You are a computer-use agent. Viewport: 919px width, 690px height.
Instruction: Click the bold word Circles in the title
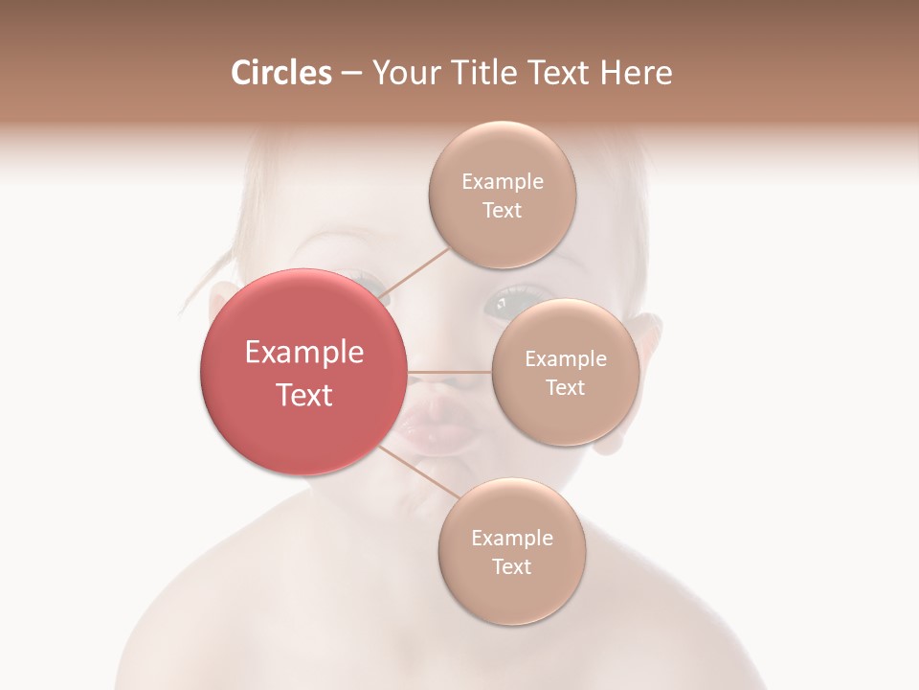[x=280, y=73]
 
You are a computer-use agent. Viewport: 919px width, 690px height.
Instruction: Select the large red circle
[x=303, y=372]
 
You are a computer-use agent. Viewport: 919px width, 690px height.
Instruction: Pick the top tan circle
[x=502, y=195]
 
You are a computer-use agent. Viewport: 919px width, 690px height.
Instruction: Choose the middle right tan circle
[x=565, y=372]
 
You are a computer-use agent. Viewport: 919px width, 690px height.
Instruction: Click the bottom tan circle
[x=511, y=551]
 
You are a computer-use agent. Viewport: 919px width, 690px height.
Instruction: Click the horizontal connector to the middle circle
[x=449, y=372]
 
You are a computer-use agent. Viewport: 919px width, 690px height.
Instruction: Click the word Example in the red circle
[x=304, y=353]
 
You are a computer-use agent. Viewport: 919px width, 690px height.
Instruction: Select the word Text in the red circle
[x=304, y=395]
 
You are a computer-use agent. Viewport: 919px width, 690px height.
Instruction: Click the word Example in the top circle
[x=502, y=181]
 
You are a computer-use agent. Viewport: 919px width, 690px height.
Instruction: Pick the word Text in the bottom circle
[x=511, y=566]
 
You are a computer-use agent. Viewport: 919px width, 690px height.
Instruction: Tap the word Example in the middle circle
[x=565, y=358]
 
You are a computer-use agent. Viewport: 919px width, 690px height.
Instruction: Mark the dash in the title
[x=351, y=74]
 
